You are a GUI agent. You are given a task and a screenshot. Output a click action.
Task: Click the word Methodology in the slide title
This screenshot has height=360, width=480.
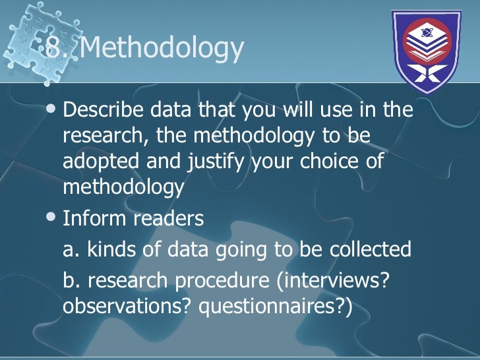point(165,48)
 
